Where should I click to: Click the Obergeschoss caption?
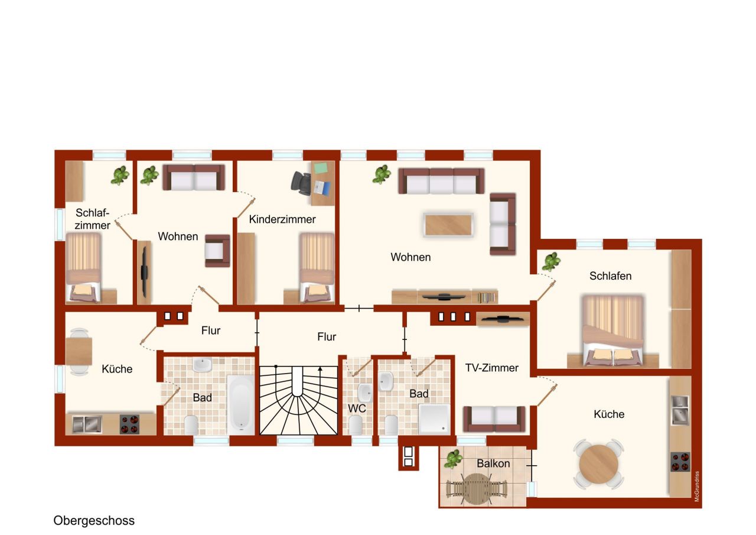tap(94, 521)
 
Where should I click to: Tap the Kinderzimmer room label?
tap(282, 219)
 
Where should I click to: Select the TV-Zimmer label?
tap(492, 368)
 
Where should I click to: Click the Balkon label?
tap(493, 463)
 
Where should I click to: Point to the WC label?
tap(357, 408)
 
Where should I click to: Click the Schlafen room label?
tap(610, 276)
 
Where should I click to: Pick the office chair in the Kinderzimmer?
tap(301, 183)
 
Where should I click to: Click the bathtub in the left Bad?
tap(240, 404)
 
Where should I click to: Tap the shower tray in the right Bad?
tap(434, 419)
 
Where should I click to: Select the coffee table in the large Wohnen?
tap(448, 225)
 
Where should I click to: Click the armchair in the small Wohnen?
tap(218, 251)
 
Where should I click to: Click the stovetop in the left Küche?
tap(129, 424)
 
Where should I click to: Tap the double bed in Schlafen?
tap(612, 330)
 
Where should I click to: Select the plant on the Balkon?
tap(453, 459)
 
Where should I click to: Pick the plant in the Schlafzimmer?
tap(120, 176)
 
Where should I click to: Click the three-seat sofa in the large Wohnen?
tap(441, 181)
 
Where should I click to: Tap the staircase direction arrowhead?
tap(320, 369)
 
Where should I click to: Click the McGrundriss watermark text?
tap(697, 487)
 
